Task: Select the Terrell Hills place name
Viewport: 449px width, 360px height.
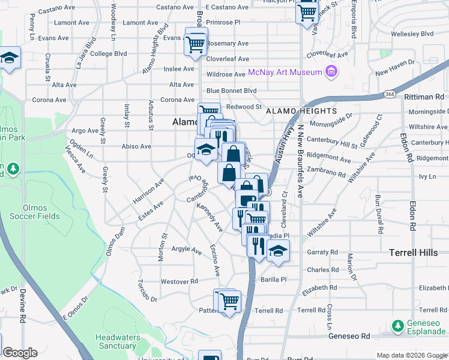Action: tap(414, 253)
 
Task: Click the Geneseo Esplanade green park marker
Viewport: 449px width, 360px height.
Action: tap(397, 326)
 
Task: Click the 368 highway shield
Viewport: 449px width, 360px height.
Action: tap(390, 94)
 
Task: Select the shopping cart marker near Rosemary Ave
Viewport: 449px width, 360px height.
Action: tap(196, 43)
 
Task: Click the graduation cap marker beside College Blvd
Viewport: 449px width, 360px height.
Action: tap(10, 58)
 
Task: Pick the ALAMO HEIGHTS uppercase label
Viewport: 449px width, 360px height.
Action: tap(301, 111)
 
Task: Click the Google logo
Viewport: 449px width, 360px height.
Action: tap(20, 353)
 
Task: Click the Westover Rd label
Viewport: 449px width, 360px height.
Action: tap(179, 281)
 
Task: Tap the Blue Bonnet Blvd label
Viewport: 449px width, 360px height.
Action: tap(231, 91)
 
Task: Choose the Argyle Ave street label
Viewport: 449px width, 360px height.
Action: tap(187, 249)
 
